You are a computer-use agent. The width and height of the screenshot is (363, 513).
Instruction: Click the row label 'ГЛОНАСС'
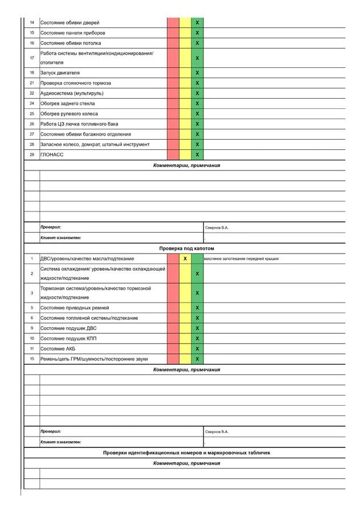click(x=52, y=154)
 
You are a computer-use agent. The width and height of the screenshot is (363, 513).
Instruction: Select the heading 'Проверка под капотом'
click(x=186, y=249)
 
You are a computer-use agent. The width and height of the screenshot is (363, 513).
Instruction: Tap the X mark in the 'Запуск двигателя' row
click(x=197, y=73)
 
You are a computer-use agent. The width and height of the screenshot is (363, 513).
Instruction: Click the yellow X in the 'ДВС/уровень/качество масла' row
click(x=185, y=259)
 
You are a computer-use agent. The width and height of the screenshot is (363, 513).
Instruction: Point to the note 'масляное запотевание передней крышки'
click(x=241, y=259)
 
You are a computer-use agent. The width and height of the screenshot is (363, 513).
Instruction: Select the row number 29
click(x=32, y=154)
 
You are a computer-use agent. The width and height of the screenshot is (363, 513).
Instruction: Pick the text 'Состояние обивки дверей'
click(x=70, y=23)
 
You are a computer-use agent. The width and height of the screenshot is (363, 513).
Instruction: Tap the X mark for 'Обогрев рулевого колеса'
click(x=197, y=114)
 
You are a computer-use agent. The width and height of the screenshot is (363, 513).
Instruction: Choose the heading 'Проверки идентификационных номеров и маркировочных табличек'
click(x=186, y=453)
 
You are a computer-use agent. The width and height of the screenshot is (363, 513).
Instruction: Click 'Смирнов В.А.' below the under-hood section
click(x=217, y=431)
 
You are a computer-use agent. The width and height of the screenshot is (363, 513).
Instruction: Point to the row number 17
click(x=32, y=58)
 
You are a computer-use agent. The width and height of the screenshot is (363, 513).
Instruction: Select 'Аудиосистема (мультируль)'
click(x=72, y=93)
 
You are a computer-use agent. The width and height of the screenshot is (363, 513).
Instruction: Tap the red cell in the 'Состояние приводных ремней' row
click(x=173, y=308)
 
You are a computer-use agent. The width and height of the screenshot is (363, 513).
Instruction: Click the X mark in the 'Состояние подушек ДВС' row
click(x=197, y=328)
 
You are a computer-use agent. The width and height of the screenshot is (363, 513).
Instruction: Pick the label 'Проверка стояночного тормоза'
click(x=76, y=83)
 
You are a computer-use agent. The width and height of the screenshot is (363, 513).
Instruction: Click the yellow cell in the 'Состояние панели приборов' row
click(x=185, y=33)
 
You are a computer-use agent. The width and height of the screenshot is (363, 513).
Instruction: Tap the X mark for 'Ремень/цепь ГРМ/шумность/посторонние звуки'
click(x=197, y=359)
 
